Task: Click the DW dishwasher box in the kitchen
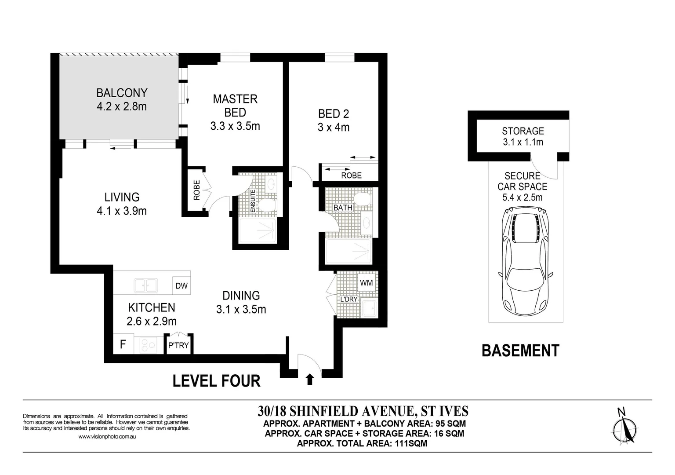(181, 286)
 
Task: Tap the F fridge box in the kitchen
(123, 344)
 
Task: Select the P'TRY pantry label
(178, 346)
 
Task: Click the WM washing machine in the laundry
(366, 283)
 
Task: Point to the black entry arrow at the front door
(310, 379)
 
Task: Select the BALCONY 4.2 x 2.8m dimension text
(122, 106)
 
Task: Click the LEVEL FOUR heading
(216, 381)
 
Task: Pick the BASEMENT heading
(520, 351)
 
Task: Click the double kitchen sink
(145, 285)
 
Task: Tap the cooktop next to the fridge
(148, 344)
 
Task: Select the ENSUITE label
(253, 201)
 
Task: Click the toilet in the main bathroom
(363, 199)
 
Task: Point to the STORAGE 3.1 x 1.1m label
(523, 136)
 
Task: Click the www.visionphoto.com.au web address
(107, 437)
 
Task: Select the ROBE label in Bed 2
(351, 175)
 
